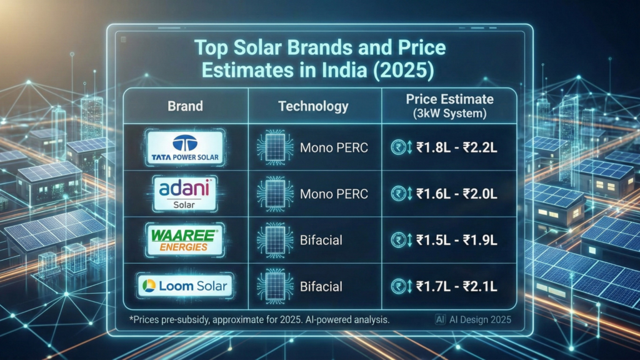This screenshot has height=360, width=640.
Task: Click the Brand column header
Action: click(185, 106)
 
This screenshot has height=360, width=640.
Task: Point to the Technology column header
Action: click(312, 106)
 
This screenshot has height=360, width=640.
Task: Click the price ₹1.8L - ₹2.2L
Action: click(456, 149)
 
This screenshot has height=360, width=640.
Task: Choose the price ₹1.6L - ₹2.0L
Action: click(456, 194)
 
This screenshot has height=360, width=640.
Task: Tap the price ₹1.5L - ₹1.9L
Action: click(456, 241)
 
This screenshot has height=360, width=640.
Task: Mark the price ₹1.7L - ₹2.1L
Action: click(456, 287)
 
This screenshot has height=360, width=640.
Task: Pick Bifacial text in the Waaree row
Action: click(321, 241)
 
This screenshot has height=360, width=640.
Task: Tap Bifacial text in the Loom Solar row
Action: click(321, 287)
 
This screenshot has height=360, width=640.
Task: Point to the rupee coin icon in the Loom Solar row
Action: click(396, 287)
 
